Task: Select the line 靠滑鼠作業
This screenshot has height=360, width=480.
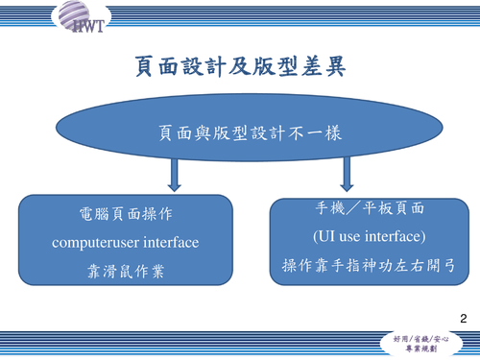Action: click(125, 271)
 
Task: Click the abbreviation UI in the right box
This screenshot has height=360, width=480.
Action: click(327, 235)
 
